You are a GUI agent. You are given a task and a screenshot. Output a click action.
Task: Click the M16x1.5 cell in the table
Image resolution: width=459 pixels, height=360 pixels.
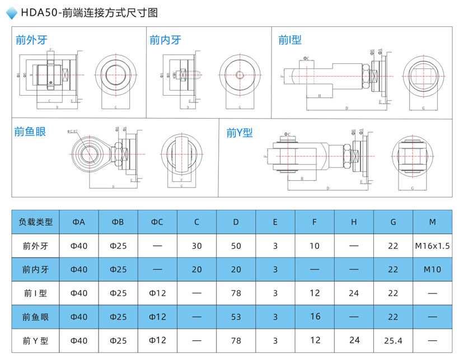tap(433, 246)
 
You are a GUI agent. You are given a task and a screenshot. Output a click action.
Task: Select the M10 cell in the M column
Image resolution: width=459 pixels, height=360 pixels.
tap(433, 269)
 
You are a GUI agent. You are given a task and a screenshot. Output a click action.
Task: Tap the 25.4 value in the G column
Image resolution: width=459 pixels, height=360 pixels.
tap(394, 340)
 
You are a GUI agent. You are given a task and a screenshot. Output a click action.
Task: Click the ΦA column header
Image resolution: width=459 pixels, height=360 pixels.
tap(79, 222)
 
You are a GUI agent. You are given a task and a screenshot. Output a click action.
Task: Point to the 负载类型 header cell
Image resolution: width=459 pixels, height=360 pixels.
tap(36, 222)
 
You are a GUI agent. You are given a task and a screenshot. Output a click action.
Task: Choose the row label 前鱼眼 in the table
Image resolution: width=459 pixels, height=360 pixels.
tap(36, 317)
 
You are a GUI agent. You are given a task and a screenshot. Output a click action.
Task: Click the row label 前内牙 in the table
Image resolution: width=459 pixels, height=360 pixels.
tap(36, 269)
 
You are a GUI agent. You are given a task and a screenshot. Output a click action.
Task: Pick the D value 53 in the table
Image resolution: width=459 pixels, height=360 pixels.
tap(236, 317)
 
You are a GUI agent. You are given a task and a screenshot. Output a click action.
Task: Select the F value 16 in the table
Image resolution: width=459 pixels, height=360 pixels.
tap(315, 317)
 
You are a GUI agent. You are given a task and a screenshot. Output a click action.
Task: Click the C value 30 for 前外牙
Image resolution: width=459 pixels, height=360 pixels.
tap(196, 246)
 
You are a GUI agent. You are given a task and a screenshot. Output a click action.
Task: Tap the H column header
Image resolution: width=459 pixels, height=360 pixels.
tap(354, 222)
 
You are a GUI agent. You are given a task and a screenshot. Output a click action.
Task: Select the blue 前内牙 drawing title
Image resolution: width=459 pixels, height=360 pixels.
tap(166, 40)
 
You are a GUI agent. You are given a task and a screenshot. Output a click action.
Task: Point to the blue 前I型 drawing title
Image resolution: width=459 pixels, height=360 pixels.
tap(290, 40)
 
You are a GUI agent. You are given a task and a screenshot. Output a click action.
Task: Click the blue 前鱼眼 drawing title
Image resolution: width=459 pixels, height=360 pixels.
tap(30, 132)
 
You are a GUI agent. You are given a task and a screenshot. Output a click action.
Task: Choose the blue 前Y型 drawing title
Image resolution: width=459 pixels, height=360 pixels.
tap(240, 133)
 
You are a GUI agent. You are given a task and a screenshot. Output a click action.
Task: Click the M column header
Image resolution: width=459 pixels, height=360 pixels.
tap(433, 222)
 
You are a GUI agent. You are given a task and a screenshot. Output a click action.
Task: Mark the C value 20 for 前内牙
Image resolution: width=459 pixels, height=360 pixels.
tap(196, 269)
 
